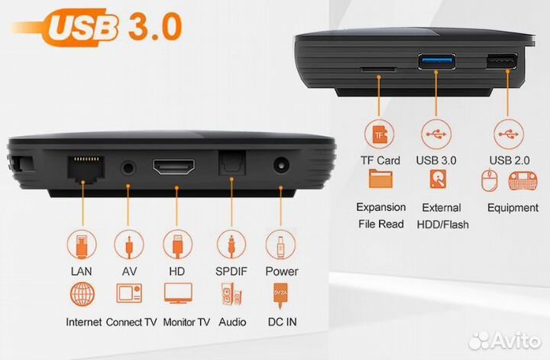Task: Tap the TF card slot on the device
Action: (378, 68)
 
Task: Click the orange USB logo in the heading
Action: (83, 28)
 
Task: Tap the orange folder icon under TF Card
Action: (380, 180)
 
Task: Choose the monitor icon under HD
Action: (177, 294)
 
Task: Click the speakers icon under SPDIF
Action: (231, 295)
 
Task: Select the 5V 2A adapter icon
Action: (280, 294)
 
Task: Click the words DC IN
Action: (281, 322)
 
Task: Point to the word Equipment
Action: (513, 207)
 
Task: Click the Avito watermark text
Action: (514, 340)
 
